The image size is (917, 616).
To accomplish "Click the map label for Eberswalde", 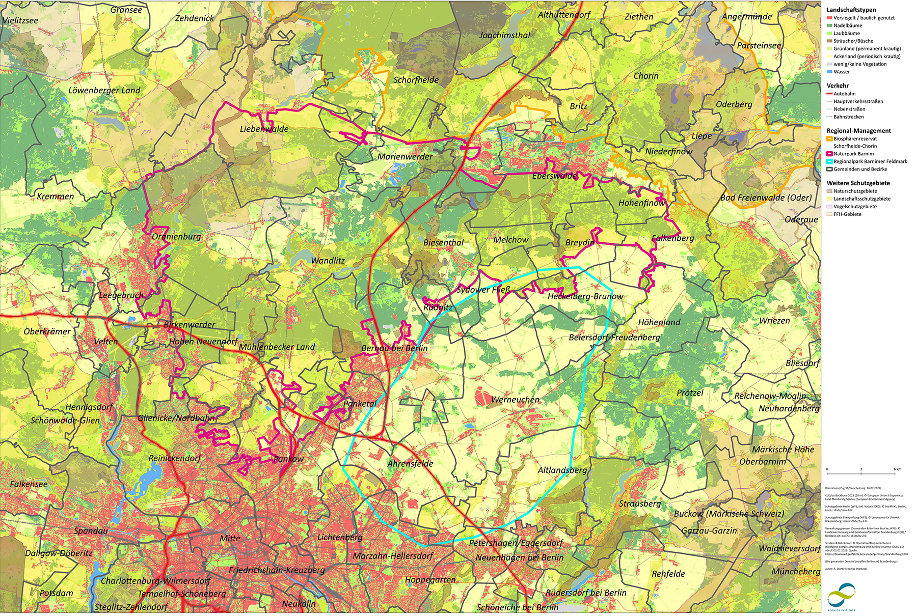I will pos(554,176).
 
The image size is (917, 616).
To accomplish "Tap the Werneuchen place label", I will pos(515,400).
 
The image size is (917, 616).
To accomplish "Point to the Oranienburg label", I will pos(176,236).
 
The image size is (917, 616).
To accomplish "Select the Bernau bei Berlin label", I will pos(394,348).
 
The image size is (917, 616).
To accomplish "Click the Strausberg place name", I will pos(640,503).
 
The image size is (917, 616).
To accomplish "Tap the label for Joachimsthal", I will pos(504,35).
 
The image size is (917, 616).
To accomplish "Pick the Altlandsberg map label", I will pos(562,470).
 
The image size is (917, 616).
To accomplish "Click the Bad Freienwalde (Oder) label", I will pos(766,198).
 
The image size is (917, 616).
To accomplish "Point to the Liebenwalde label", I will pos(264,129).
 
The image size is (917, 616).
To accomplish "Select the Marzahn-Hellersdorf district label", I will pos(393,556).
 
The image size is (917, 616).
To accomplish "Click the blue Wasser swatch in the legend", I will pos(829,72).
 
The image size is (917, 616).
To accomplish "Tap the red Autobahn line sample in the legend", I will pos(829,94).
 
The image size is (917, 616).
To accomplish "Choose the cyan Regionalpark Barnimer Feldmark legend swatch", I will pos(829,161).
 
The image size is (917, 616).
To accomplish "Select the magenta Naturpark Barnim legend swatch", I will pos(829,154).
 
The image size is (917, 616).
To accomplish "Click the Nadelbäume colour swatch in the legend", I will pos(829,25).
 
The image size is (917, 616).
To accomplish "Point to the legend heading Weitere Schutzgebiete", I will pos(858,183).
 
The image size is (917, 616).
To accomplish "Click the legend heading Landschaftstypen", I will pos(851,10).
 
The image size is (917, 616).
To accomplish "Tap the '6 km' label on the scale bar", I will pos(897,469).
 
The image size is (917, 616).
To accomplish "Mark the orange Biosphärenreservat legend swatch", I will pos(829,138).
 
